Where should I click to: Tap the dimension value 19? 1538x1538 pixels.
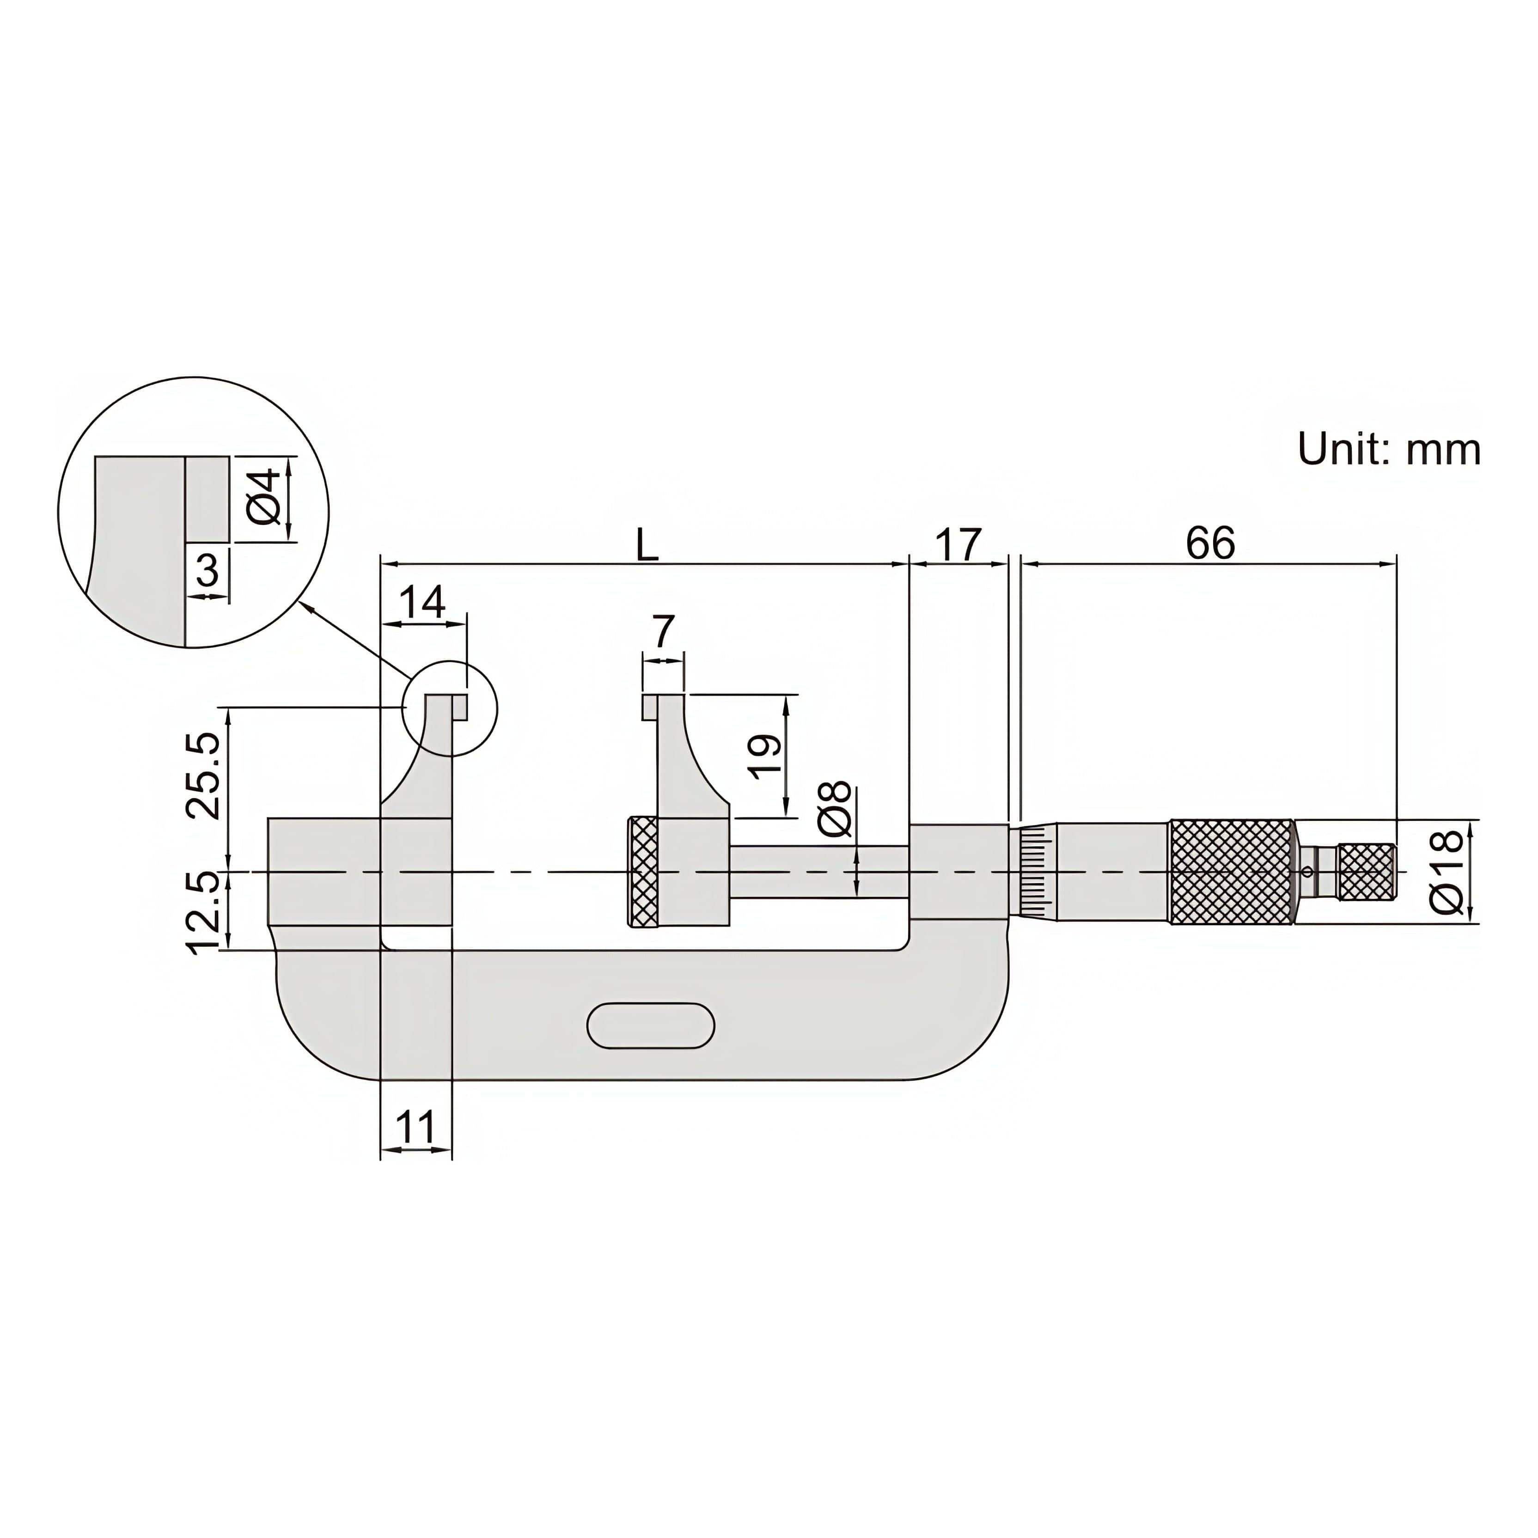coord(765,756)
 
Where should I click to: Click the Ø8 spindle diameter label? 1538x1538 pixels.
coord(834,810)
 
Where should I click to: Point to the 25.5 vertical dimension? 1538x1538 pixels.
coord(203,776)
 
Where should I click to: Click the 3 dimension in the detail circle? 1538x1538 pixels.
coord(207,570)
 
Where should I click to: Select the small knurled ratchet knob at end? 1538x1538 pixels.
coord(1367,872)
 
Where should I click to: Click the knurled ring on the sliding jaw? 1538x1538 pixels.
coord(643,872)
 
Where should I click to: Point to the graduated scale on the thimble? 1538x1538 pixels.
coord(1033,872)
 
